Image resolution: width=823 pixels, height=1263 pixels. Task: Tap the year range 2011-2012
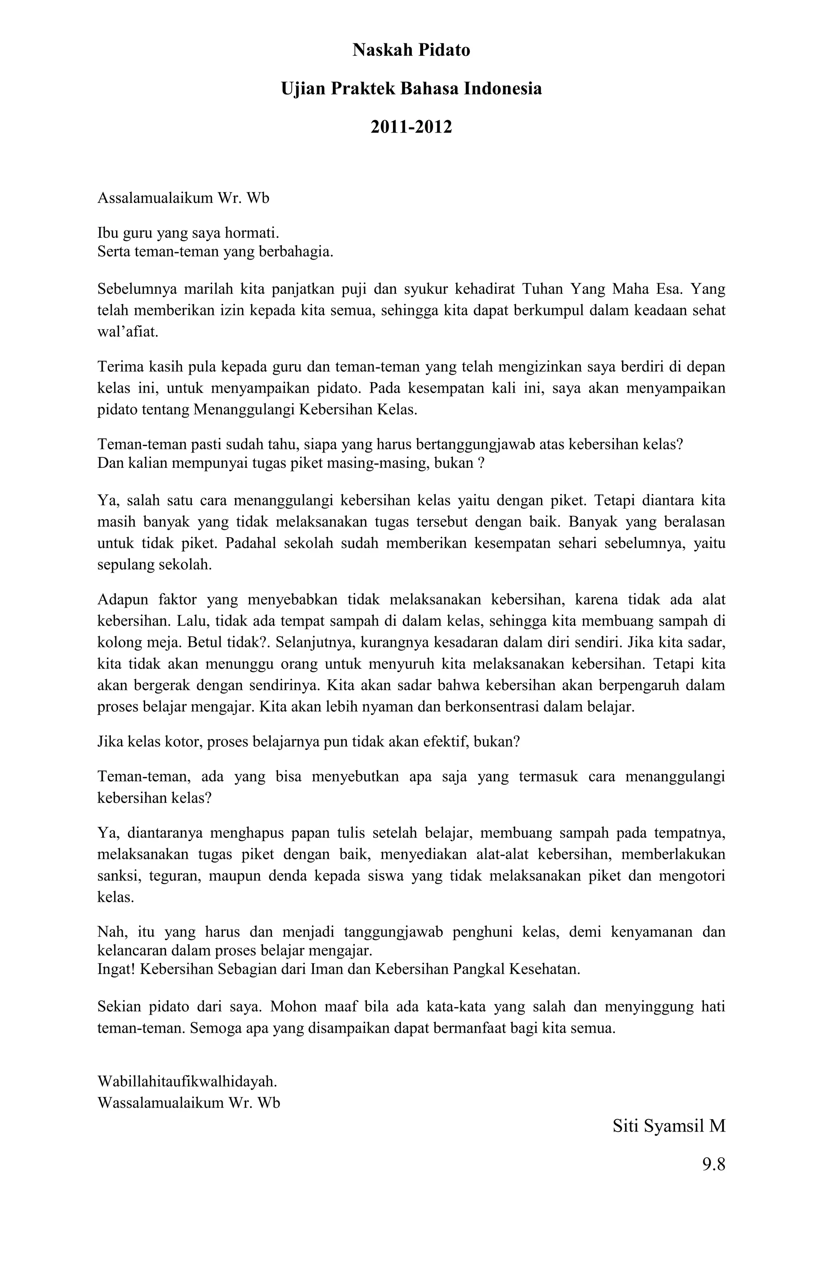click(411, 127)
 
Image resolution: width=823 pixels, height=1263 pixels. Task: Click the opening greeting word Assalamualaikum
click(154, 199)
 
